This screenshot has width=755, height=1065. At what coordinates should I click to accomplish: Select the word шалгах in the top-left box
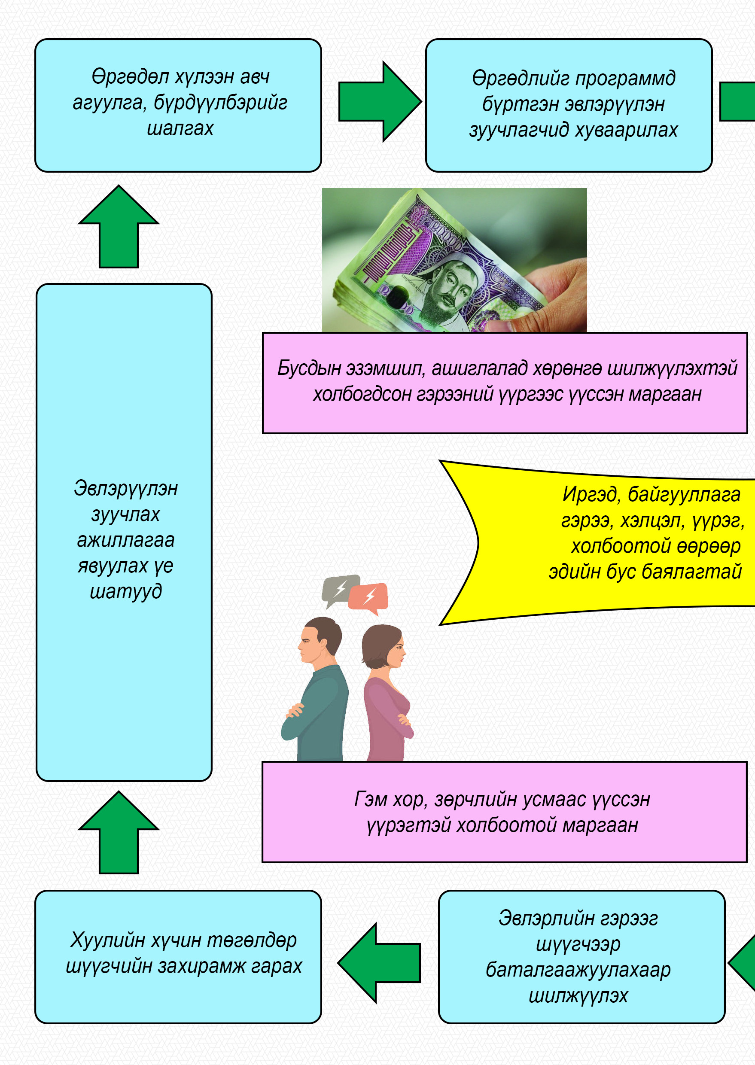(180, 128)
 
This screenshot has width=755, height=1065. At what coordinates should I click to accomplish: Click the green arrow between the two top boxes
(378, 101)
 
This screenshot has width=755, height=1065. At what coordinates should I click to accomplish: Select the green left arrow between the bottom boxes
(378, 963)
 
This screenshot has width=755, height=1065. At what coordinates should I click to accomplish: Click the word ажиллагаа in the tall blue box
(125, 540)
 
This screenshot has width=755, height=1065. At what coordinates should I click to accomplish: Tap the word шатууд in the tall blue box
(125, 591)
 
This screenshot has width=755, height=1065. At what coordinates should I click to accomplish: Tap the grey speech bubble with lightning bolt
(340, 588)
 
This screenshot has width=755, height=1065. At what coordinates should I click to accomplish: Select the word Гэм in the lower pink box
(370, 800)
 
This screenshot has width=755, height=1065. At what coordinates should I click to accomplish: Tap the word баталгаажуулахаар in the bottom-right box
(578, 970)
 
